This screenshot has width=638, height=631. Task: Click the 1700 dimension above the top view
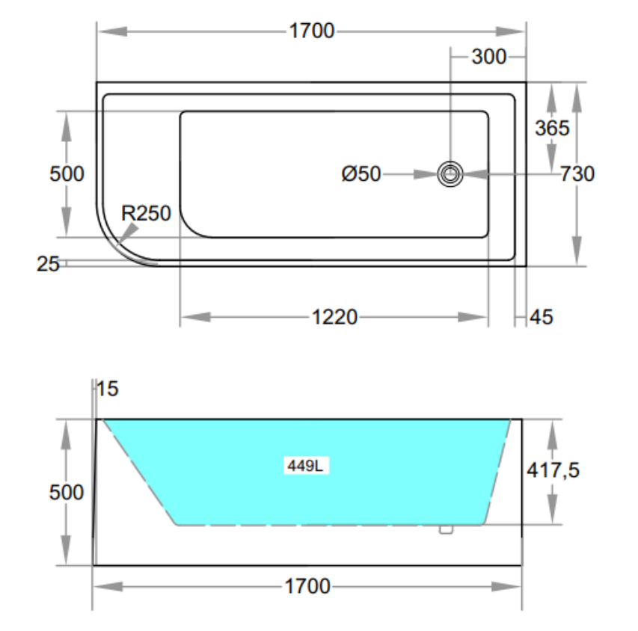coord(310,31)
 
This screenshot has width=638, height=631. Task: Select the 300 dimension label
coord(488,56)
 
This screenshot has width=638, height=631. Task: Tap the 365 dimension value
coord(552,128)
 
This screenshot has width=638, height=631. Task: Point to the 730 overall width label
coord(577,173)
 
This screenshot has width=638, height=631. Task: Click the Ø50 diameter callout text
coord(361,174)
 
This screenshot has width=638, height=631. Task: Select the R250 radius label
coord(147,213)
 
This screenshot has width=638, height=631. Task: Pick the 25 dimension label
coord(49,263)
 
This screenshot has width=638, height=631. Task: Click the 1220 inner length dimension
coord(334,317)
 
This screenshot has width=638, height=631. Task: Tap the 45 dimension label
coord(541,317)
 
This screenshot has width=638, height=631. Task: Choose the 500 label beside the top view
coord(67,173)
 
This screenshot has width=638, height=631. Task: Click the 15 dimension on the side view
coord(108,389)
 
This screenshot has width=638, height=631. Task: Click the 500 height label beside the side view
coord(67,493)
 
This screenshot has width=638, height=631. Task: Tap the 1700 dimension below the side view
coord(307,586)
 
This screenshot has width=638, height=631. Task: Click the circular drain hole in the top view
coord(450,174)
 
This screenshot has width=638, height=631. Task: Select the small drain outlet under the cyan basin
coord(446,529)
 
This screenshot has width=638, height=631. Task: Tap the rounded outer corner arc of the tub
coord(117,243)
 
